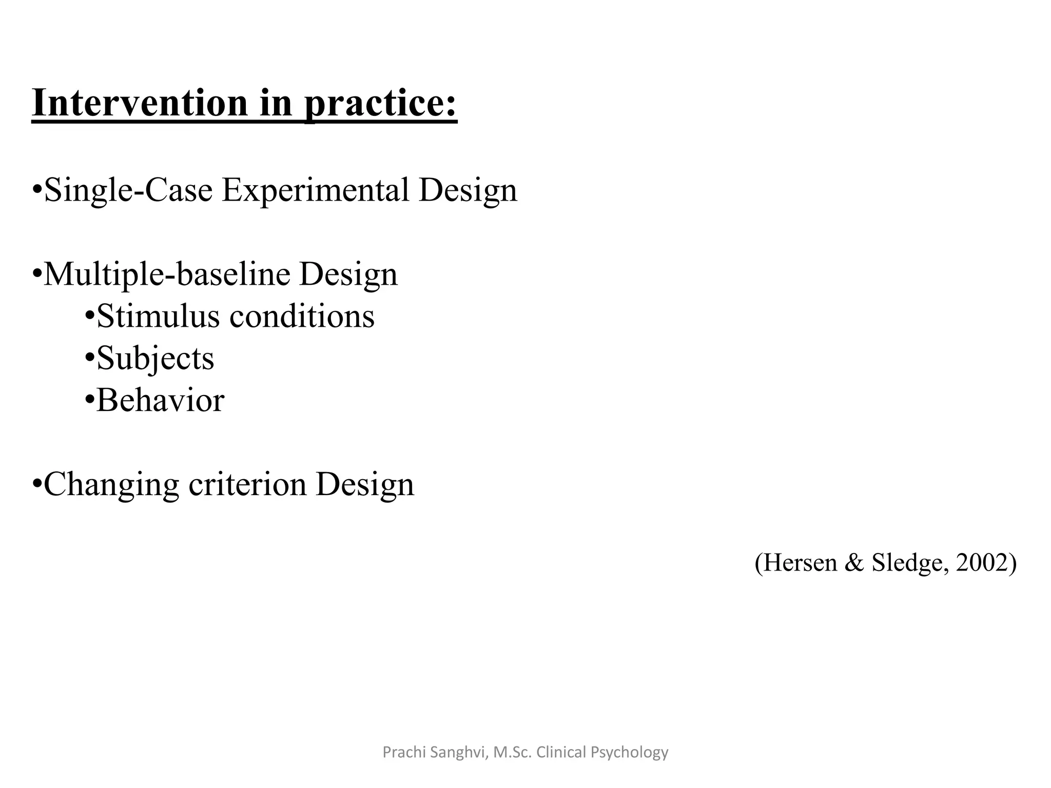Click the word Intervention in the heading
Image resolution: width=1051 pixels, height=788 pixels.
[140, 103]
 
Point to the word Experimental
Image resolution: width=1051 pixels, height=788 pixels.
[315, 190]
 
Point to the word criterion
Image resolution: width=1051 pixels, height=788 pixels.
[247, 484]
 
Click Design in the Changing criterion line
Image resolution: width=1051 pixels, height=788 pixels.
[364, 485]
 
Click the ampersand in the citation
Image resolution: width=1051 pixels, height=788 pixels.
[854, 562]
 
